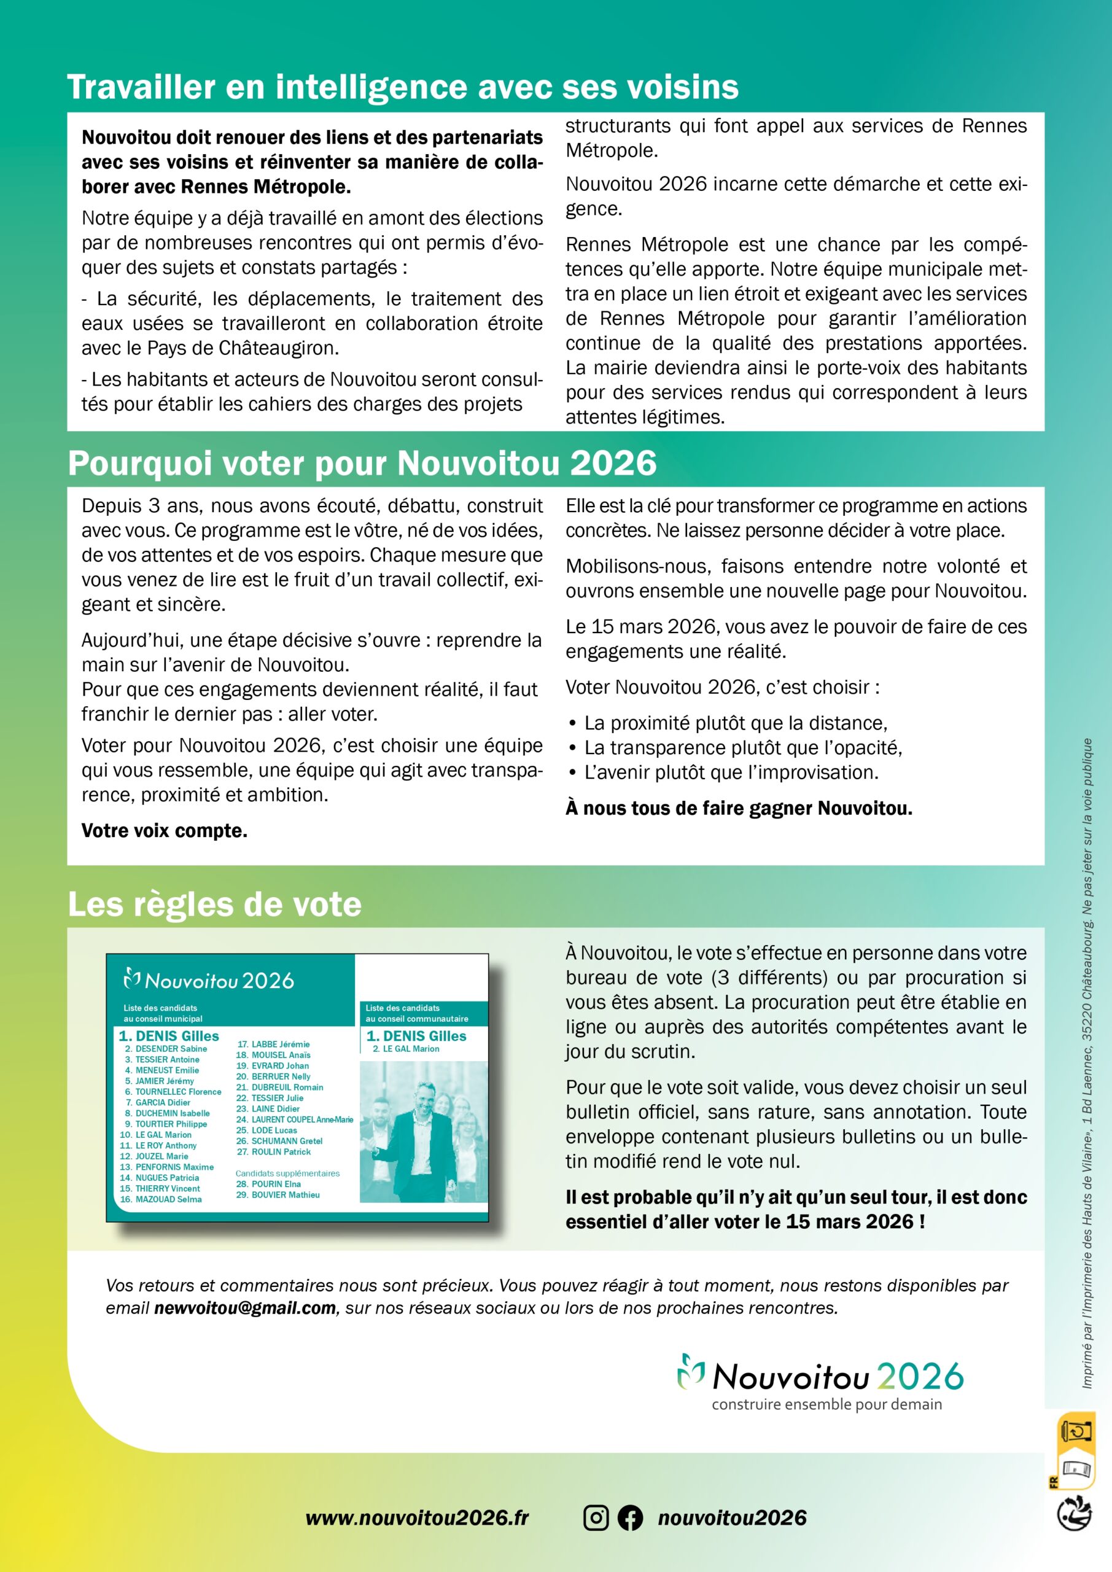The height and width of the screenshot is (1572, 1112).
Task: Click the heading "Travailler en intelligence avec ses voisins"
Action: coord(403,88)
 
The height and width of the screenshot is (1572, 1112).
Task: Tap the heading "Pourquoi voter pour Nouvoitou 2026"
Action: coord(362,464)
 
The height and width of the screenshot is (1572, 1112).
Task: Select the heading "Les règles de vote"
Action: coord(214,905)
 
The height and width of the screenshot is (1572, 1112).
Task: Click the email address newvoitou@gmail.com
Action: coord(244,1308)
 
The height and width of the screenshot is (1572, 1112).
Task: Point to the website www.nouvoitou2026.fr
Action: coord(417,1517)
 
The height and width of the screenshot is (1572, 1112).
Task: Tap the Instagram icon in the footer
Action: coord(596,1517)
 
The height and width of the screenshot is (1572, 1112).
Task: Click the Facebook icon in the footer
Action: coord(630,1517)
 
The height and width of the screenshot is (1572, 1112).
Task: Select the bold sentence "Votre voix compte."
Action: coord(165,830)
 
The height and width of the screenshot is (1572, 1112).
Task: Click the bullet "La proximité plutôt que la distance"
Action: coord(735,723)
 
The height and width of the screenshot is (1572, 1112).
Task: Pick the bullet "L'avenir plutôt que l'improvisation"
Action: coord(731,772)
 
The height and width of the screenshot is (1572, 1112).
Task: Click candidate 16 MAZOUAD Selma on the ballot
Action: coord(161,1199)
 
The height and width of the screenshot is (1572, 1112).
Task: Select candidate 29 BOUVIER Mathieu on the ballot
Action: coord(278,1195)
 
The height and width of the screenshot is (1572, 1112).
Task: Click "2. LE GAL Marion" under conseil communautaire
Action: coord(406,1049)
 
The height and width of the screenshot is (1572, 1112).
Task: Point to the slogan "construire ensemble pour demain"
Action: coord(826,1404)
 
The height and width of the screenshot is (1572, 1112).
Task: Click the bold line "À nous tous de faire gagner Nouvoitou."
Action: coord(739,808)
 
